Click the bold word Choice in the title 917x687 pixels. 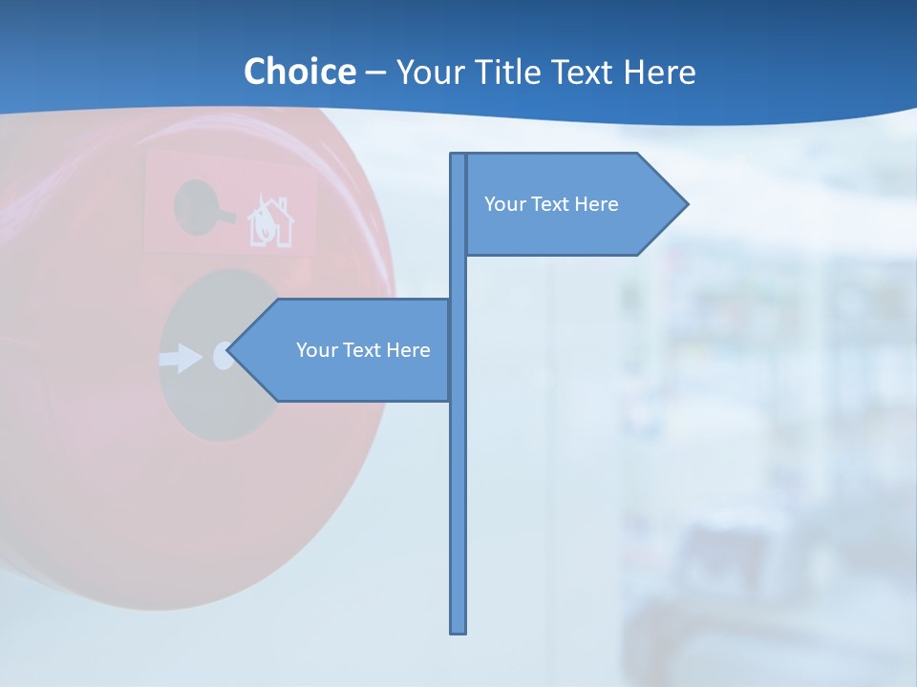click(x=299, y=72)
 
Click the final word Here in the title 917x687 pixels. click(x=660, y=72)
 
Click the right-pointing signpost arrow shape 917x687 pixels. click(x=573, y=204)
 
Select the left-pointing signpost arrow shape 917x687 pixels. click(x=344, y=350)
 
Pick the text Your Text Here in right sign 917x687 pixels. click(x=551, y=204)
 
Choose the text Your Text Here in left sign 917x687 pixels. click(x=363, y=350)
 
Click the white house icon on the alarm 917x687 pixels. click(x=271, y=222)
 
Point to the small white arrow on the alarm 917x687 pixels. click(x=180, y=359)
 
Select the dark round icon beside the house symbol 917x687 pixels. click(x=199, y=206)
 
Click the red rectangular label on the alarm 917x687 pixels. click(x=229, y=202)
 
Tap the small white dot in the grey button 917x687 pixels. click(x=222, y=357)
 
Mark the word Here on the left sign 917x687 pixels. click(x=409, y=350)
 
